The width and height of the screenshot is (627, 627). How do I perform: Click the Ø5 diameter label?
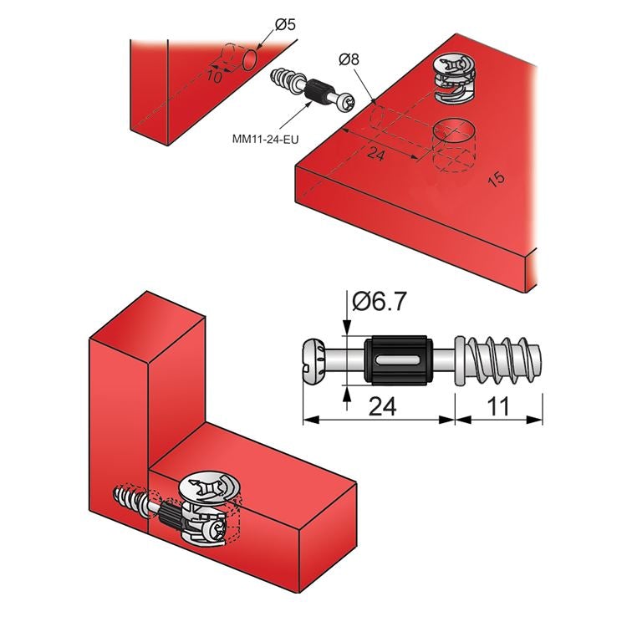pyautogui.click(x=286, y=24)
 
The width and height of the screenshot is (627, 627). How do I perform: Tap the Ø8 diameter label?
pyautogui.click(x=349, y=60)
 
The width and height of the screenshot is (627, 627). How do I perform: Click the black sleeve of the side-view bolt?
pyautogui.click(x=397, y=359)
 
